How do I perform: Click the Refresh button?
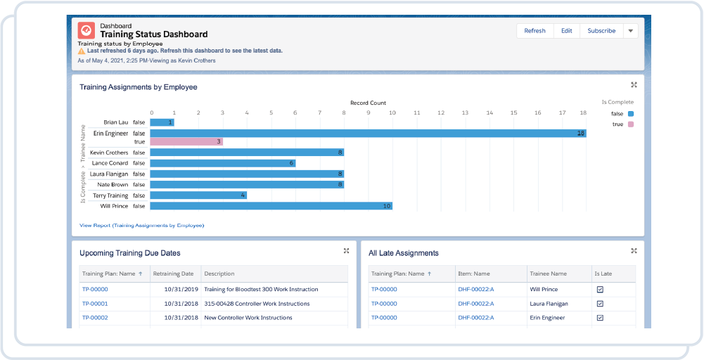(x=535, y=31)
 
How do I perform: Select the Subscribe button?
(x=601, y=31)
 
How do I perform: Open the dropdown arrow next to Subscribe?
(x=630, y=31)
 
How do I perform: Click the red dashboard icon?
(x=87, y=30)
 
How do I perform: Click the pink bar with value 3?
(x=186, y=141)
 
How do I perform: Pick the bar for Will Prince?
(x=271, y=206)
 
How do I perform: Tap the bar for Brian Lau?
(x=162, y=122)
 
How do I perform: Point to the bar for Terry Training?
(x=198, y=195)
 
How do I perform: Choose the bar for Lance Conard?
(x=222, y=163)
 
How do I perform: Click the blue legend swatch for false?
(x=631, y=113)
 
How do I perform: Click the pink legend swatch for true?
(x=631, y=124)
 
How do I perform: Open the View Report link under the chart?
(x=141, y=226)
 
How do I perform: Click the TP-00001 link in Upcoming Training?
(x=95, y=304)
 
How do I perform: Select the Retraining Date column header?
(x=173, y=274)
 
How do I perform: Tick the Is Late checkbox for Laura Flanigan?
(x=600, y=304)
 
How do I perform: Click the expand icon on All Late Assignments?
(x=634, y=251)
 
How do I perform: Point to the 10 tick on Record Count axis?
(x=392, y=112)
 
